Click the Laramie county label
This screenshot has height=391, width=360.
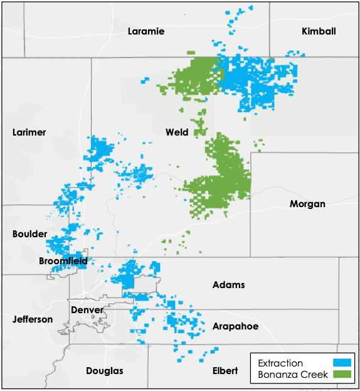point(146,31)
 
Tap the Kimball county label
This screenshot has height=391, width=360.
point(319,31)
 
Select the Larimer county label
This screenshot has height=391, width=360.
point(29,132)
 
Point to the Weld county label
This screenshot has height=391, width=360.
point(177,132)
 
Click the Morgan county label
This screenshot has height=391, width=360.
point(307,204)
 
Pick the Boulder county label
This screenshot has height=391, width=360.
point(29,234)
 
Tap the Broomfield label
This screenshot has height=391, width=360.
point(63,260)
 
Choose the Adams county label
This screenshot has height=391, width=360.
point(228,285)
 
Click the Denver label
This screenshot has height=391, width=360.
point(87,310)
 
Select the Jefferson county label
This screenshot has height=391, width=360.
point(33,319)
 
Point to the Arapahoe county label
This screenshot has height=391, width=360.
point(235,326)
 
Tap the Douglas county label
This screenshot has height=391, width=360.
point(105,371)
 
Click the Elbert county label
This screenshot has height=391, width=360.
point(225,371)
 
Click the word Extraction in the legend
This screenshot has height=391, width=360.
point(280,363)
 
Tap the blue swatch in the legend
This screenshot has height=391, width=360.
point(341,363)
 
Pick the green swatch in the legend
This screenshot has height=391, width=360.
point(341,375)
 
